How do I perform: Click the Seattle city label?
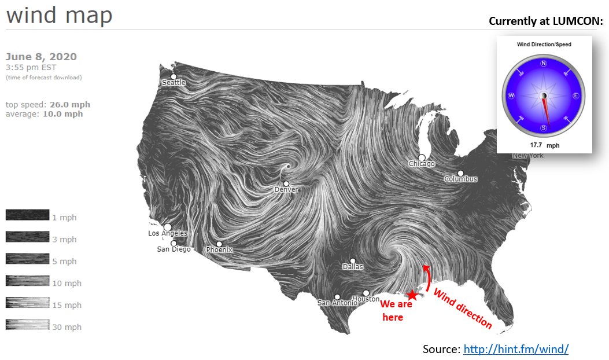[x=174, y=82]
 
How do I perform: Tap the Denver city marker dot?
[x=286, y=183]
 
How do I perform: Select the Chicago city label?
[x=422, y=164]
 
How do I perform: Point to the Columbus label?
[x=461, y=179]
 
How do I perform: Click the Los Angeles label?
[x=168, y=233]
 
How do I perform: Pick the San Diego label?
[x=174, y=249]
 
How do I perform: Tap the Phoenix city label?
[x=219, y=250]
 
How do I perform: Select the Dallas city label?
[x=353, y=267]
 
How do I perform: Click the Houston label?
[x=366, y=299]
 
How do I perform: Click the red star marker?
[x=412, y=295]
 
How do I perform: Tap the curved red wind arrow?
[x=427, y=278]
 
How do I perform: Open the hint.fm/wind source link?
[x=516, y=349]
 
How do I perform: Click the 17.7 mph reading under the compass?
[x=544, y=146]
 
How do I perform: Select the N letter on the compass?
[x=544, y=64]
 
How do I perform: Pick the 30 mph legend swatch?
[x=27, y=325]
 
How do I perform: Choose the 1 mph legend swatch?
[x=27, y=215]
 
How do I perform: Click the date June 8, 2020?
[x=41, y=57]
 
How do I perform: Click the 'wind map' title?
[x=59, y=16]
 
